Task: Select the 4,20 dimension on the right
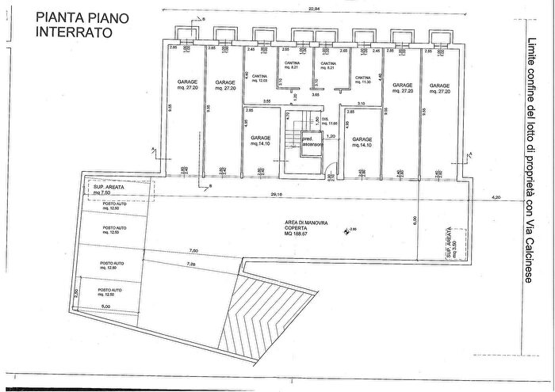click(497, 196)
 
